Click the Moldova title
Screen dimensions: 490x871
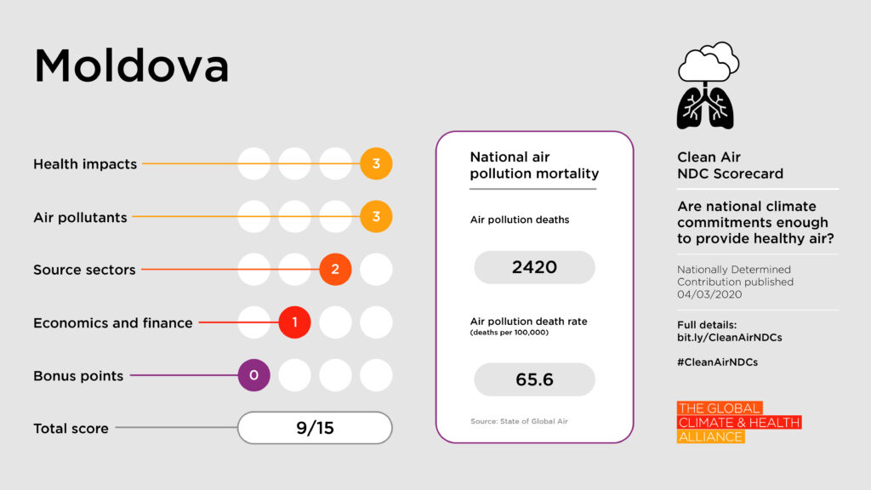tap(131, 66)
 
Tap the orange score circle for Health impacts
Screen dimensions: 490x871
tap(376, 163)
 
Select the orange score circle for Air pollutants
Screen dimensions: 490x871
tap(376, 217)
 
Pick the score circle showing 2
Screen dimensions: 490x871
tap(335, 270)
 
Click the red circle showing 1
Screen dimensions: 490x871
tap(294, 322)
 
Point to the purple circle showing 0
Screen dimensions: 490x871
tap(253, 375)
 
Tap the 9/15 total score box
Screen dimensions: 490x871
tap(315, 428)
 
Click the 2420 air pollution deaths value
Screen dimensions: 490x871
tap(534, 267)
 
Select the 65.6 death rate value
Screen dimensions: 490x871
tap(534, 379)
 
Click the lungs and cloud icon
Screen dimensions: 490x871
tap(707, 85)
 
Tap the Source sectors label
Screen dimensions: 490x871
tap(84, 270)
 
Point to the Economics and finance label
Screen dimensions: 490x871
tap(112, 323)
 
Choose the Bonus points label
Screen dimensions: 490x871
tap(78, 376)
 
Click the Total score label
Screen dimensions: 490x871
tap(71, 429)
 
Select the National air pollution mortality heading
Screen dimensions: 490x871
tap(534, 165)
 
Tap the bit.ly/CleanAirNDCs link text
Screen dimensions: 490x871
tap(729, 338)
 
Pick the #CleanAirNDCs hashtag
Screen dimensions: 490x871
tap(717, 362)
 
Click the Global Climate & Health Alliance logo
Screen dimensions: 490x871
tap(738, 422)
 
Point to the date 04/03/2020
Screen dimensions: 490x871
tap(709, 294)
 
